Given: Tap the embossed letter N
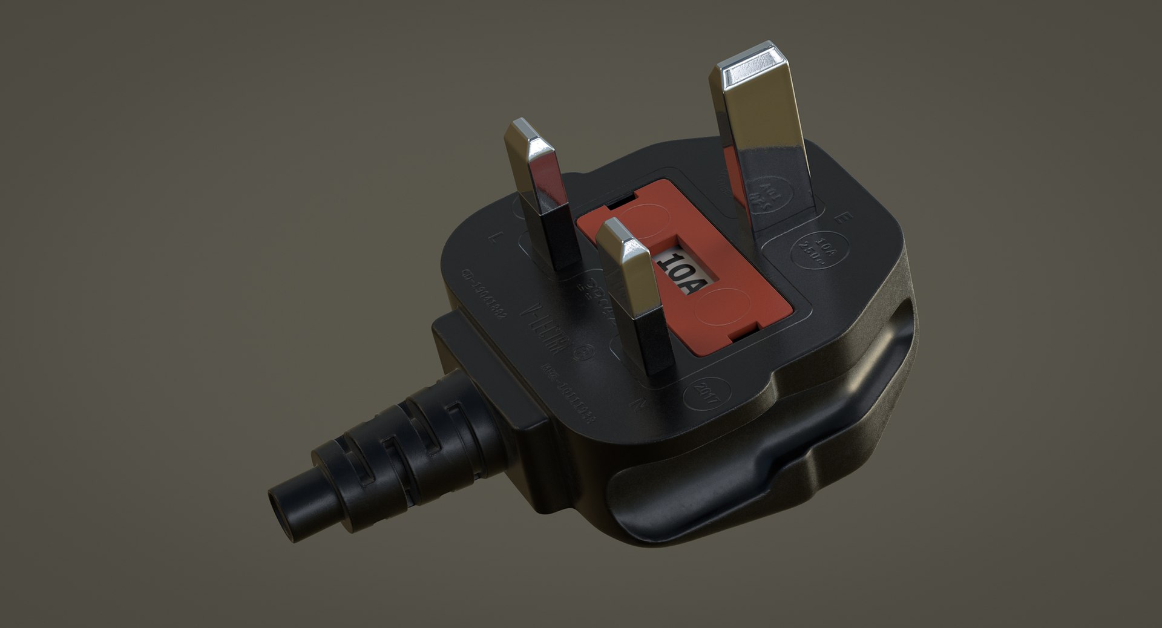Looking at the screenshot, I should click(x=635, y=403).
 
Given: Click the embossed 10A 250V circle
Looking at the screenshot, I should click(x=820, y=250).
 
